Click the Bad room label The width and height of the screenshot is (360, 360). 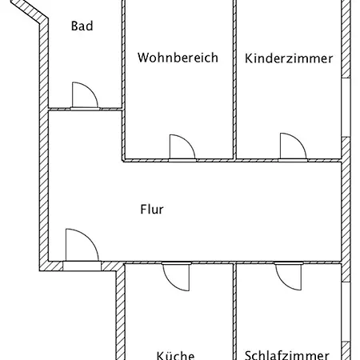pyautogui.click(x=82, y=26)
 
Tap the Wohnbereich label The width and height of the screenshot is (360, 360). pyautogui.click(x=178, y=58)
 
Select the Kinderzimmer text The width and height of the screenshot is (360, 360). pyautogui.click(x=289, y=58)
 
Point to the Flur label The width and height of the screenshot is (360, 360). pyautogui.click(x=152, y=210)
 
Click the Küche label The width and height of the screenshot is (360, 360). pyautogui.click(x=175, y=354)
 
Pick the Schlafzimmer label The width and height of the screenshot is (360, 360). pyautogui.click(x=287, y=355)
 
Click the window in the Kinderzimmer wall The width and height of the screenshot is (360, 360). pyautogui.click(x=346, y=107)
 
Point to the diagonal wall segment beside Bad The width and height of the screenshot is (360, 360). pyautogui.click(x=30, y=11)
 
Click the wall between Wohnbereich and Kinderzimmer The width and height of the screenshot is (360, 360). pyautogui.click(x=234, y=79)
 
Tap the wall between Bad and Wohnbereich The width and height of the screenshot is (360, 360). pyautogui.click(x=123, y=54)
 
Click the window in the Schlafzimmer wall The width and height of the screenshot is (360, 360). pyautogui.click(x=346, y=311)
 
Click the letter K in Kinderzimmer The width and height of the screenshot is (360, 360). pyautogui.click(x=249, y=58)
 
